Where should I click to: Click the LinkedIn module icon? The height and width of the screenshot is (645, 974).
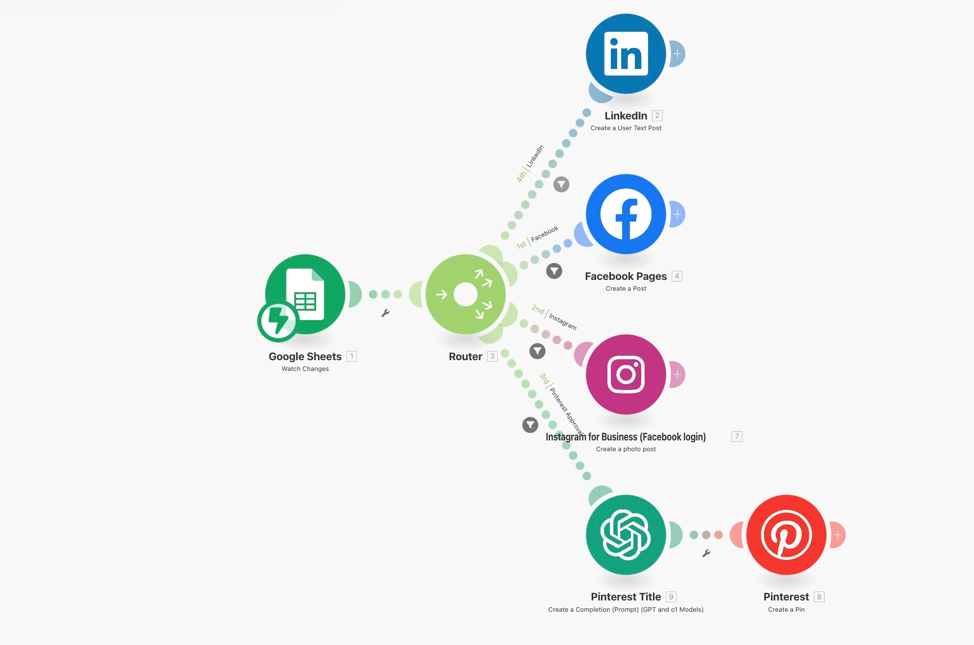[626, 54]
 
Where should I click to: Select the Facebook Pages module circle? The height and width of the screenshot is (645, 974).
[626, 214]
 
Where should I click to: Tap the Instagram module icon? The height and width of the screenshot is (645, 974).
[626, 374]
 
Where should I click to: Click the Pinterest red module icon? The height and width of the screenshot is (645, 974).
[786, 535]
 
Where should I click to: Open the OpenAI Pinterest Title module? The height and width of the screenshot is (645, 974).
[626, 535]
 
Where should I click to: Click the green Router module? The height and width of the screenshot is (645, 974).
[465, 294]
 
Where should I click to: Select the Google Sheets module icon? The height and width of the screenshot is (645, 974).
[305, 294]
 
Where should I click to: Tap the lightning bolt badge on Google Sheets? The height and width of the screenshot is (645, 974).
[278, 321]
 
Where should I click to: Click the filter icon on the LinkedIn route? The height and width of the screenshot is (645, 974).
[561, 184]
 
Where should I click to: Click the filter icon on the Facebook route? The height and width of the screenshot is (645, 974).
[554, 271]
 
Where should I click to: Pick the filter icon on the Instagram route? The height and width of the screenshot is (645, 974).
[537, 351]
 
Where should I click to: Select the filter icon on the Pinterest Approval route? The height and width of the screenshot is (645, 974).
[530, 425]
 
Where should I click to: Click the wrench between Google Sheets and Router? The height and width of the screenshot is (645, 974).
[385, 313]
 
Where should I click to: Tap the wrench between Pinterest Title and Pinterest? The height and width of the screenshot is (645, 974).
[706, 553]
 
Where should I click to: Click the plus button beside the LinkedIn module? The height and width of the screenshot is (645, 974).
[677, 54]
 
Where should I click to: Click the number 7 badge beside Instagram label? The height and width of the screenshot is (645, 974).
[737, 437]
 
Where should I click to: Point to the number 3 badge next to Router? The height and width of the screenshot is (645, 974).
[492, 356]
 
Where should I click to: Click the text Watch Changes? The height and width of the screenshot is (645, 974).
[305, 369]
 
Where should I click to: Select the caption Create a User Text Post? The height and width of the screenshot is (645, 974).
[626, 128]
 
